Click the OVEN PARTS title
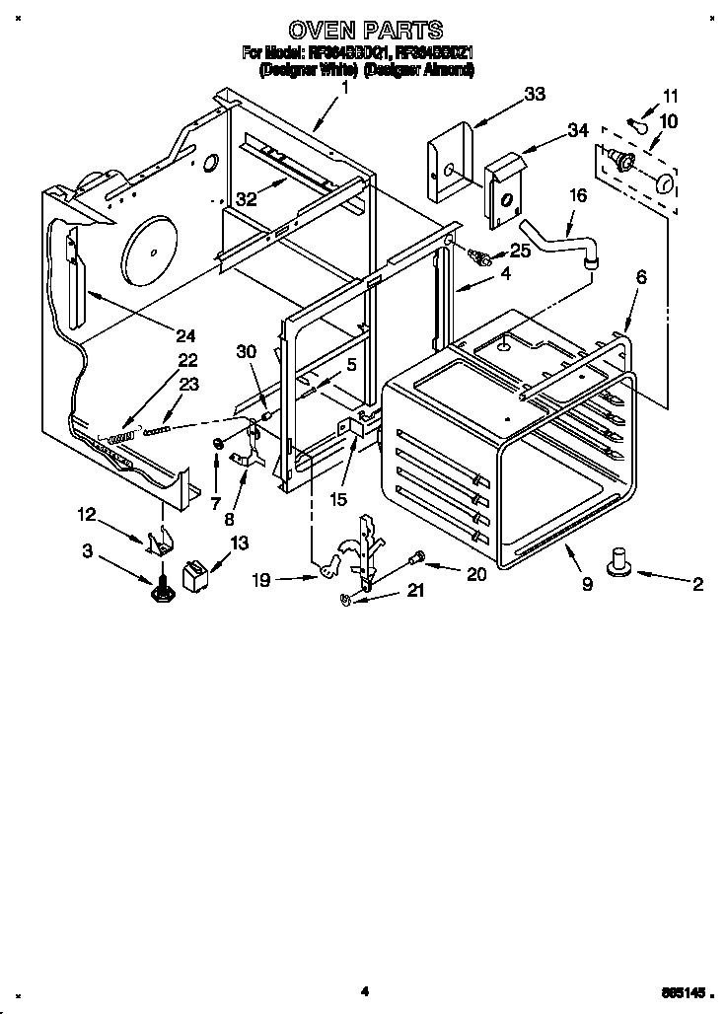click(364, 31)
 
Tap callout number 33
click(535, 95)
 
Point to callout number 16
click(578, 195)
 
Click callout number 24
click(185, 333)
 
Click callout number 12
click(87, 513)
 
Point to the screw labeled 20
click(417, 557)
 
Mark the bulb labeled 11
click(640, 124)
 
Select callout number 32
click(246, 197)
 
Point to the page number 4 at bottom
click(364, 991)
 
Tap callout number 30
click(246, 350)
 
